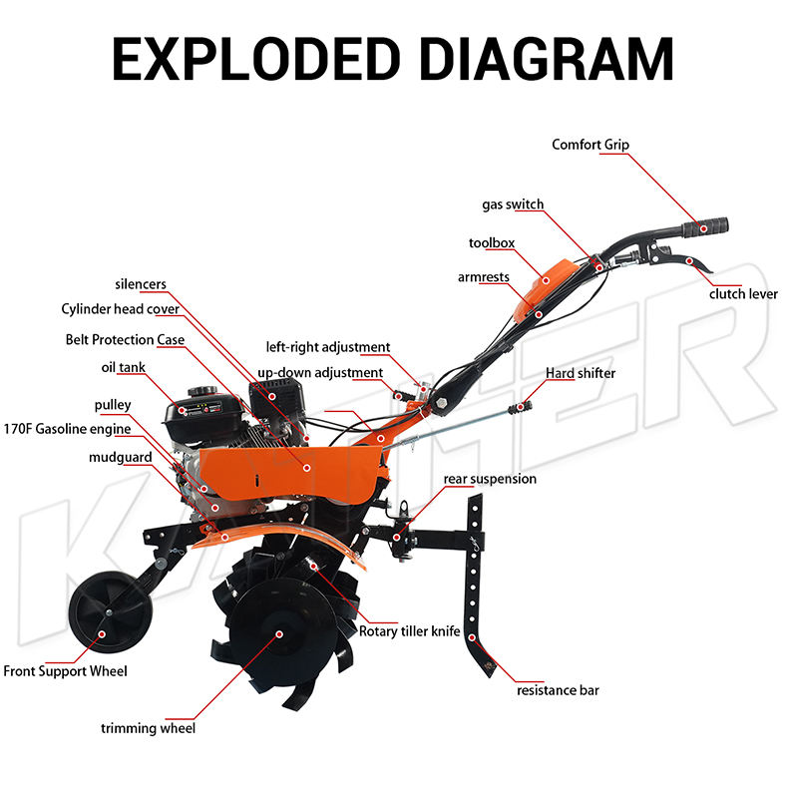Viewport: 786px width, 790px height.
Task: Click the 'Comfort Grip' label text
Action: coord(590,145)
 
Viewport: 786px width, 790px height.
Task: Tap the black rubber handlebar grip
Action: coord(705,227)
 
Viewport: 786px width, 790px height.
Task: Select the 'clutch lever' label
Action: coord(743,293)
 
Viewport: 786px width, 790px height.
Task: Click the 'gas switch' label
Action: coord(513,204)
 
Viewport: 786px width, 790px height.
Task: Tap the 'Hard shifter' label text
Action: coord(581,373)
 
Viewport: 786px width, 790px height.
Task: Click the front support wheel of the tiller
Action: coord(110,612)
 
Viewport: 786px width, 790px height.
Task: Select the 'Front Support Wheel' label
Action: coord(65,671)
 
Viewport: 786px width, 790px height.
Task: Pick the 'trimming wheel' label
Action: coord(149,728)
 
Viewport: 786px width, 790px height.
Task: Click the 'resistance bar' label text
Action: coord(558,690)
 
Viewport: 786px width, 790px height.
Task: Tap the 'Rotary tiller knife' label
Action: coord(410,631)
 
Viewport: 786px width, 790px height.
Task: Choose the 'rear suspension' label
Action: coord(490,479)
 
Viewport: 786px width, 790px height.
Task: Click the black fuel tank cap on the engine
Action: coord(202,391)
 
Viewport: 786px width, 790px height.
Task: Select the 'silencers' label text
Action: coord(141,284)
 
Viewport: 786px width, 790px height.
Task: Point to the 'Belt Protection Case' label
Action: coord(125,339)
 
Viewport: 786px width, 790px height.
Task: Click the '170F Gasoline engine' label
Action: coord(67,429)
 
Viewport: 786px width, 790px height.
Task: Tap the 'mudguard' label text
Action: coord(121,457)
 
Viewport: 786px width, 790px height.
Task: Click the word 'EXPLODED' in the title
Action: coord(256,59)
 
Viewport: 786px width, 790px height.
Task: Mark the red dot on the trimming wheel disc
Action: coord(279,634)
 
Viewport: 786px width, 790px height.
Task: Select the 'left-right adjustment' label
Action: coord(328,347)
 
